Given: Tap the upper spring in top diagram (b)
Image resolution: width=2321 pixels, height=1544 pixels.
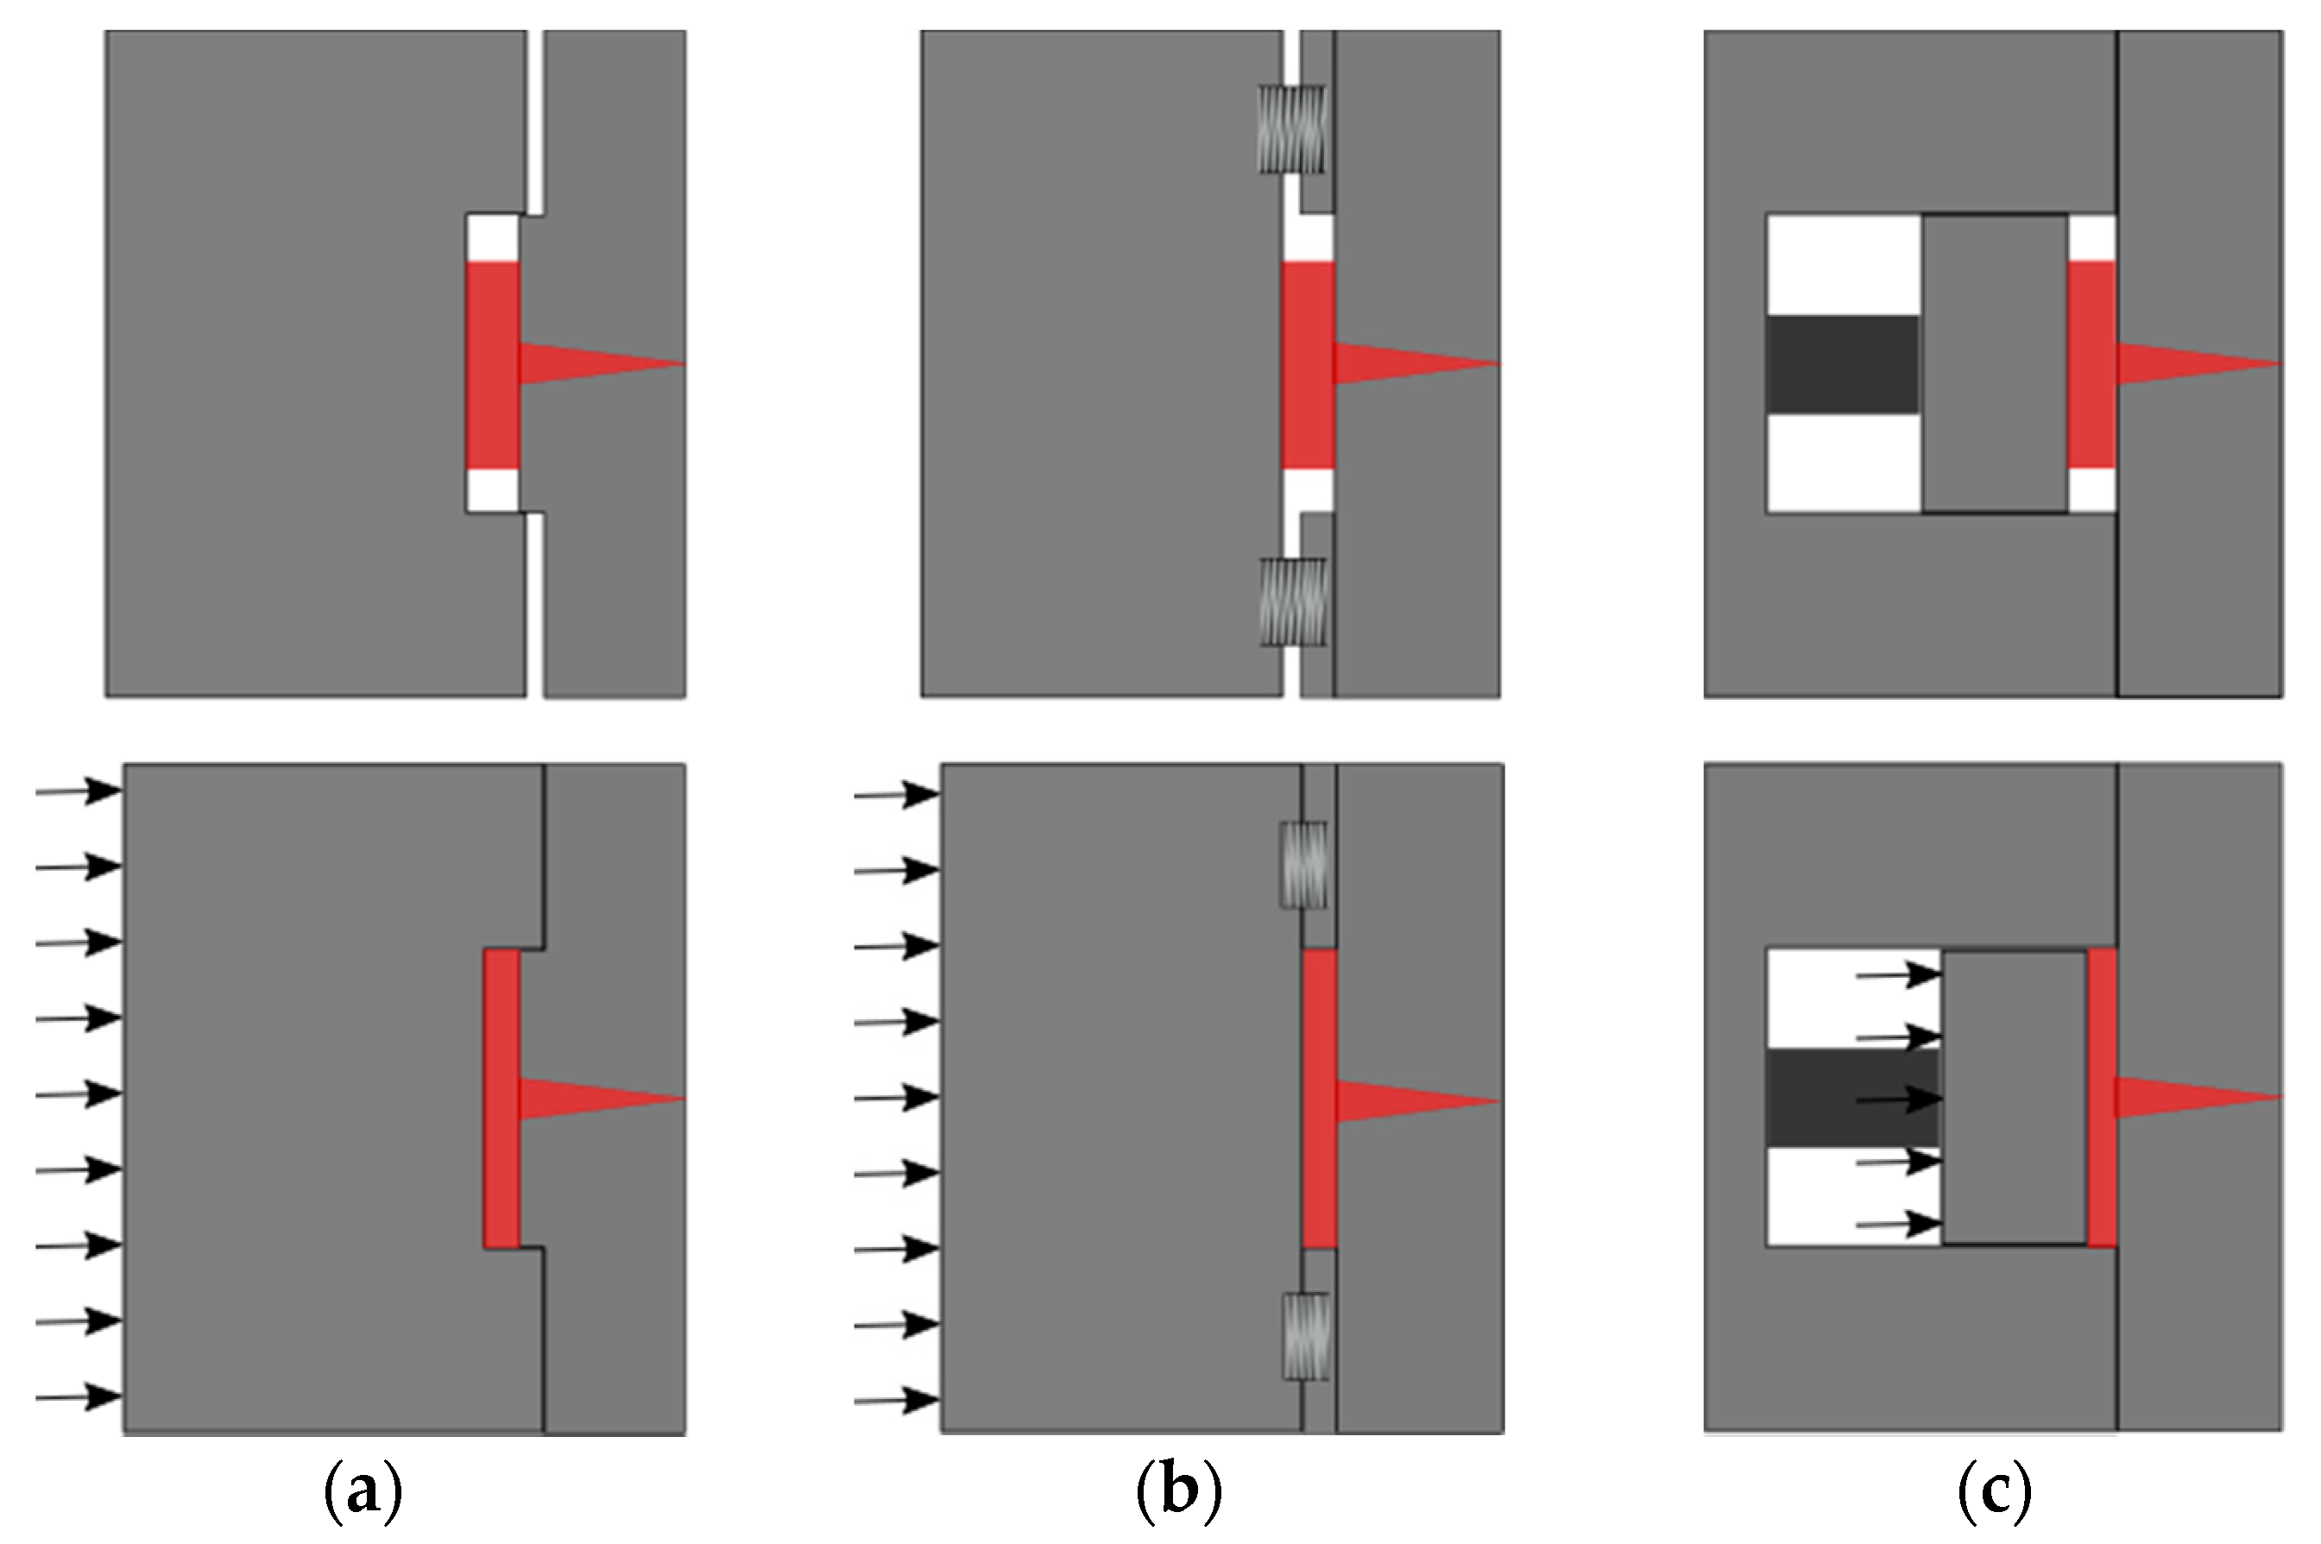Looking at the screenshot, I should (1293, 129).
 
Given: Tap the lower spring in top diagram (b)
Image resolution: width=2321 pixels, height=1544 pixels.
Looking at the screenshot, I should (1293, 602).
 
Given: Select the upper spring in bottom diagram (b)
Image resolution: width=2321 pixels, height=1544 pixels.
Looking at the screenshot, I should (1302, 865).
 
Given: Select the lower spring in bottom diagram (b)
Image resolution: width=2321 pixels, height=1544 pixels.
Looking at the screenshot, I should (1305, 1335).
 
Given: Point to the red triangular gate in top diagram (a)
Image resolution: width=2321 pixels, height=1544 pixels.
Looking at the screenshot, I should (581, 363).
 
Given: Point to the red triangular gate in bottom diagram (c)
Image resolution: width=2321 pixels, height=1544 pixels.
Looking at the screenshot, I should (2181, 1097).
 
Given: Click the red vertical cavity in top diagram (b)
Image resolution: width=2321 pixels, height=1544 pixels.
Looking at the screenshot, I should (1308, 364).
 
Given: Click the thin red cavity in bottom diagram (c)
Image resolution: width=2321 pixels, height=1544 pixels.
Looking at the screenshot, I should (2102, 1097).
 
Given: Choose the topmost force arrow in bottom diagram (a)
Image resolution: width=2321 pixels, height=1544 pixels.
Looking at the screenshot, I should (78, 790).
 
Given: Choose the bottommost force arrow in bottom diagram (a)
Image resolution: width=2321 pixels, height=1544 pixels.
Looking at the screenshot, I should (78, 1396).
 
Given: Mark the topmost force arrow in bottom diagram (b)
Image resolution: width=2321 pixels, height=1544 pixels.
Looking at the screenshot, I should (895, 795).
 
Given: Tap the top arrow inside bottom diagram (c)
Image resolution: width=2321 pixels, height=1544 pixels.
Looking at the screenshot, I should (1896, 976).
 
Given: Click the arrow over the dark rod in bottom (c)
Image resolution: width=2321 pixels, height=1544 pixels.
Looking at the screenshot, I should (1896, 1098).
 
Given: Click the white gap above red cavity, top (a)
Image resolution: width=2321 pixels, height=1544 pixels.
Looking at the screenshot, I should (491, 237).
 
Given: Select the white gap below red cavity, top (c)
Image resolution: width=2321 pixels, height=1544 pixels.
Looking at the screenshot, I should (2091, 489).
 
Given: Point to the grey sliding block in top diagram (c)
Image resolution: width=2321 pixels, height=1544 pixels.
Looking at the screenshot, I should (1994, 364).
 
